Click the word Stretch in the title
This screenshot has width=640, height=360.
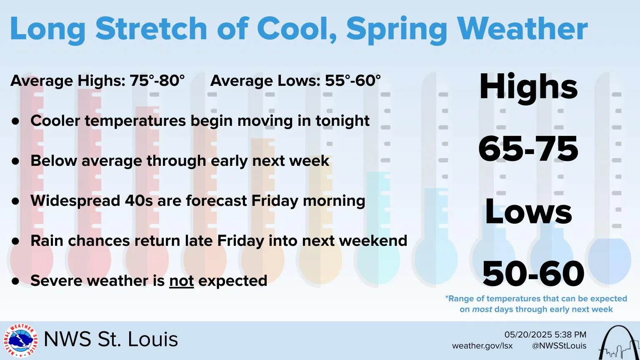point(151,28)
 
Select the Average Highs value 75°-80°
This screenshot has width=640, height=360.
point(157,80)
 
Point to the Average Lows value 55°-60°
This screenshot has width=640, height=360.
point(352,80)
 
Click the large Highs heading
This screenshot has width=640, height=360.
point(528,87)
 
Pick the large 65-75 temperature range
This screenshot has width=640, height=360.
point(528,149)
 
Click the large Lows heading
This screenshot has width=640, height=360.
point(528,211)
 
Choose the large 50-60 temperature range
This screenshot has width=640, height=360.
point(533,273)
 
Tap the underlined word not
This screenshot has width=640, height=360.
point(181,281)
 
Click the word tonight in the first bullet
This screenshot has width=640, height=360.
point(342,121)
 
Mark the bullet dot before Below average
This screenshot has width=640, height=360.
point(16,161)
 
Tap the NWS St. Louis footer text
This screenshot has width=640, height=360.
point(110,339)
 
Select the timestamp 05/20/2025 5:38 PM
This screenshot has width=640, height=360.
point(545,335)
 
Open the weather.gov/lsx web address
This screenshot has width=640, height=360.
point(482,346)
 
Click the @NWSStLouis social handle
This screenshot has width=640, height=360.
point(559,346)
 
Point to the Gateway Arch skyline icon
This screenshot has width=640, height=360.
point(618,343)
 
